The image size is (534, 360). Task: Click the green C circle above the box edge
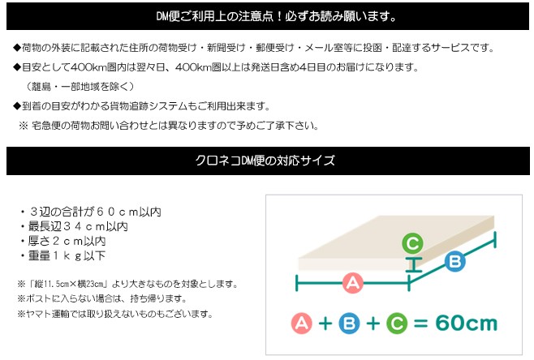pos(412,243)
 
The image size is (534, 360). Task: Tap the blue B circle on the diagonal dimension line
pos(455,261)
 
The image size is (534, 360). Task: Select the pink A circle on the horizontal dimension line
pos(352,283)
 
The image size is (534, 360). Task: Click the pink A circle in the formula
pos(302,323)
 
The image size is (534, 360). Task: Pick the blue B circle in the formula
pos(349,323)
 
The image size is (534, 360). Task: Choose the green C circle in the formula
pos(397,323)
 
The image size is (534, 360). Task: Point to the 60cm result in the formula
pos(466,323)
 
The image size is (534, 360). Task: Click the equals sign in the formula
pos(421,324)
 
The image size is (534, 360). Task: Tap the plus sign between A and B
pos(325,324)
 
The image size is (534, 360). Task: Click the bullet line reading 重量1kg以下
pos(62,255)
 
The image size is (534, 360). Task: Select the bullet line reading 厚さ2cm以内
pos(62,241)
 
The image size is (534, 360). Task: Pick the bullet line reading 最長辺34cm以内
pos(74,226)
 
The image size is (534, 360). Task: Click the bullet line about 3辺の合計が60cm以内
pos(90,212)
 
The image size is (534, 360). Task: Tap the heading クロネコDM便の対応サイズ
pos(265,161)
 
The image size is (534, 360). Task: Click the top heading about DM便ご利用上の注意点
pos(277,16)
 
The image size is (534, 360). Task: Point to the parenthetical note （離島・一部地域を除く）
pos(80,87)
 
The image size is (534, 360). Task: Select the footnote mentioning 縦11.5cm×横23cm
pos(128,284)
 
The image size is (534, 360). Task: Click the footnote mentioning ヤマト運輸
pos(115,314)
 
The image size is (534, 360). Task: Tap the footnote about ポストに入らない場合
pos(102,298)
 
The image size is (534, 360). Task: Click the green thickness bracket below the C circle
pos(413,264)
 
